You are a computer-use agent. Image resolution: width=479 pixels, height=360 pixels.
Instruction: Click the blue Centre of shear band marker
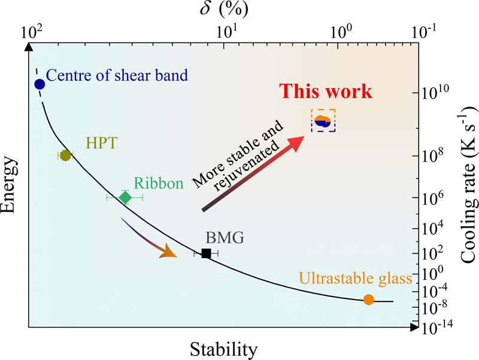[x=40, y=84]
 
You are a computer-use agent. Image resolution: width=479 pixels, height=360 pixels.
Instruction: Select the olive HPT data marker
[x=65, y=155]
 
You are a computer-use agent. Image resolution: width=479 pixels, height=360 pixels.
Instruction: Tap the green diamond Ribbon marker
[x=125, y=197]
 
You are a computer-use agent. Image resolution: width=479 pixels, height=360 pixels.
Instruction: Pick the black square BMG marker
[x=206, y=253]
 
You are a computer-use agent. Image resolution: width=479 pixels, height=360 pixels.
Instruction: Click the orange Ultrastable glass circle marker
[x=368, y=300]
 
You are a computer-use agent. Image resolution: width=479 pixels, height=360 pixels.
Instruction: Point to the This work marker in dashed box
[x=323, y=122]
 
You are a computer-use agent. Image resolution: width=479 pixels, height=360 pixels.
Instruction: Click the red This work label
[x=327, y=92]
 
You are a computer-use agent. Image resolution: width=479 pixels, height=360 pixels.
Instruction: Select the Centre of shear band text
[x=117, y=75]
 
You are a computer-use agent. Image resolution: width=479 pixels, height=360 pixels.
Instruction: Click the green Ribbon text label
[x=158, y=183]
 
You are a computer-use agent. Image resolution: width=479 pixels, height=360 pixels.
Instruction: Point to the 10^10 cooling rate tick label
[x=432, y=93]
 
